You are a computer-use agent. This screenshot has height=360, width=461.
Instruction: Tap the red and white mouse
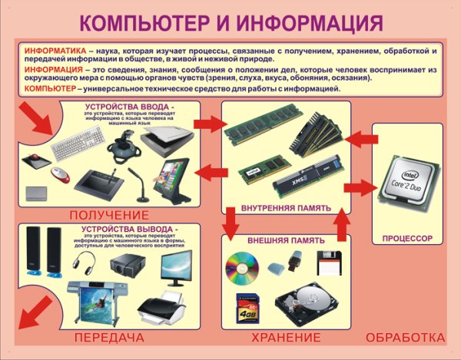[x=59, y=174]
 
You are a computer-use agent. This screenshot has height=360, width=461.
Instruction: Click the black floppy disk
[x=328, y=262]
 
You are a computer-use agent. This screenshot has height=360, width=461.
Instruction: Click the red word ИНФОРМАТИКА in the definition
[x=55, y=50]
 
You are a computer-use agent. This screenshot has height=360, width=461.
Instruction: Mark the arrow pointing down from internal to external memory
[x=229, y=226]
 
